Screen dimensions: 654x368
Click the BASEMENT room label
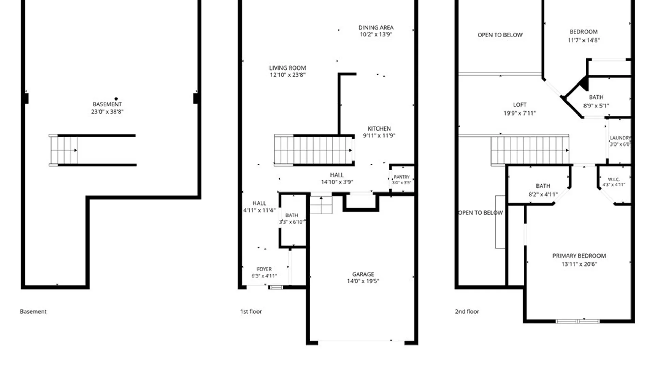tap(107, 104)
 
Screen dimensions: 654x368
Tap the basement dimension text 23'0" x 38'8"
tap(107, 112)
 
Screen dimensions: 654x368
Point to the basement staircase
tap(64, 150)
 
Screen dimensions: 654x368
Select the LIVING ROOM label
tap(287, 68)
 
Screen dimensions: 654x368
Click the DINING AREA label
tap(376, 28)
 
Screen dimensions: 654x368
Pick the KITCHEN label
tap(379, 128)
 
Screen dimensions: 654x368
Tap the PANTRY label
tap(402, 177)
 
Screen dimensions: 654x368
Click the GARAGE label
tap(363, 274)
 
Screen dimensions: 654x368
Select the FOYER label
tap(264, 269)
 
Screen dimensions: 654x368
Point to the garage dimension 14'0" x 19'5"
tap(363, 281)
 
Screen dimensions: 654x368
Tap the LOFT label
tap(520, 105)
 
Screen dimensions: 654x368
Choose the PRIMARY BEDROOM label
tap(579, 256)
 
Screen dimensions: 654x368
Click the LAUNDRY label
tap(620, 138)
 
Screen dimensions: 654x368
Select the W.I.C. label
tap(614, 179)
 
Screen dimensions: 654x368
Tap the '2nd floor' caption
tap(467, 311)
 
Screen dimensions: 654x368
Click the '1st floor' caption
tap(251, 311)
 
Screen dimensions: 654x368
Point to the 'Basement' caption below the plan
tap(33, 311)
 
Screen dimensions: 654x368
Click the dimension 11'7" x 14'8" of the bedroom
tap(583, 40)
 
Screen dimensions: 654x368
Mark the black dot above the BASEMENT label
tap(116, 99)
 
